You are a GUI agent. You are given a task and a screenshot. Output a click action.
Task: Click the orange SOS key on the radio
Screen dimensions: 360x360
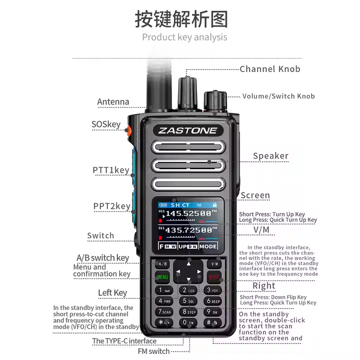(128, 131)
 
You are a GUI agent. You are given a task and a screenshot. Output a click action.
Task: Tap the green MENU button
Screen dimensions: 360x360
(163, 276)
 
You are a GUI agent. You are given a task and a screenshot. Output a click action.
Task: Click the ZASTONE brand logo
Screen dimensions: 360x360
(188, 130)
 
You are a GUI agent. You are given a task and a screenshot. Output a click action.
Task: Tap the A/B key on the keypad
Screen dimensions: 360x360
(163, 263)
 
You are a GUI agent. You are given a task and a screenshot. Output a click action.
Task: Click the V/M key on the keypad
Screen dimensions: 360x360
(214, 263)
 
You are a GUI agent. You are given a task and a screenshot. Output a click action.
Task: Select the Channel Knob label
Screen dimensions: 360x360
(270, 69)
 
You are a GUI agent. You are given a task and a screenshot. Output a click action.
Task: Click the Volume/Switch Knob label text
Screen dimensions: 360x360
(278, 96)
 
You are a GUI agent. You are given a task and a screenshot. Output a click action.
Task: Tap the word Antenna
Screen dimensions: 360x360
(113, 102)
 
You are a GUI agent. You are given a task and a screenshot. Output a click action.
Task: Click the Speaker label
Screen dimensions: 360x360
(270, 156)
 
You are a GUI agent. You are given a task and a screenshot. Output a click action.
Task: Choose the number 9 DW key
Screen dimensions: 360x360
(213, 312)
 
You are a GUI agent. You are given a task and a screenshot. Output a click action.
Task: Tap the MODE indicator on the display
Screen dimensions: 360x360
(208, 246)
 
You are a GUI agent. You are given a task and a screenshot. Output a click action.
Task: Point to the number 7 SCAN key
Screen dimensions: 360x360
(164, 312)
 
